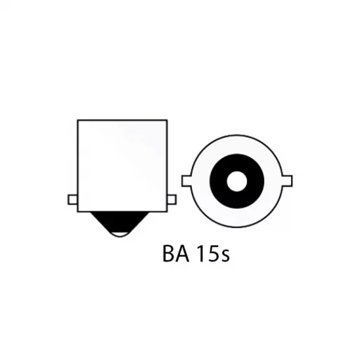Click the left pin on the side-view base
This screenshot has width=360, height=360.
(72, 199)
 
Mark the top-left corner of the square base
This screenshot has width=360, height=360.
(77, 120)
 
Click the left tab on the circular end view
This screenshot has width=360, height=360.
(187, 181)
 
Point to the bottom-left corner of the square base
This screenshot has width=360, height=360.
(77, 210)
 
